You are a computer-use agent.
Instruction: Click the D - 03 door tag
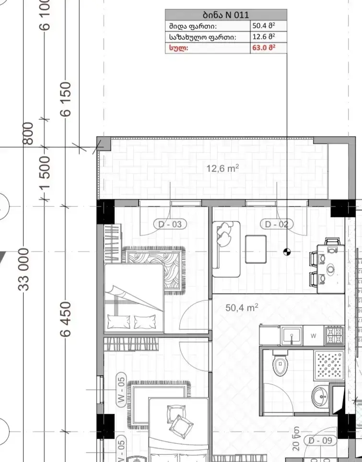pyautogui.click(x=170, y=224)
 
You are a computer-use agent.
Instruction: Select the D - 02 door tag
pyautogui.click(x=277, y=224)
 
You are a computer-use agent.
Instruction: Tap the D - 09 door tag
pyautogui.click(x=320, y=440)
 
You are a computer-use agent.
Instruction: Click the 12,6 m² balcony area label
pyautogui.click(x=222, y=168)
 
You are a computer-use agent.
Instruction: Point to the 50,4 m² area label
pyautogui.click(x=242, y=308)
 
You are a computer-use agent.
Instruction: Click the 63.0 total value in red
pyautogui.click(x=264, y=48)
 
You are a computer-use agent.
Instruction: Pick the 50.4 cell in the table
pyautogui.click(x=264, y=26)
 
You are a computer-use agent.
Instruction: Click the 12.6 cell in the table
pyautogui.click(x=264, y=37)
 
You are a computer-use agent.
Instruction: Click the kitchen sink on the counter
pyautogui.click(x=292, y=335)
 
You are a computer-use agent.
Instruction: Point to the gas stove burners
pyautogui.click(x=334, y=335)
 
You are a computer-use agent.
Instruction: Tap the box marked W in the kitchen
pyautogui.click(x=313, y=336)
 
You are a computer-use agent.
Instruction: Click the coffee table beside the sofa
pyautogui.click(x=256, y=249)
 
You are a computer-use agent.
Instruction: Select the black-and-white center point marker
pyautogui.click(x=287, y=252)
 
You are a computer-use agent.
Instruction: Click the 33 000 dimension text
pyautogui.click(x=24, y=270)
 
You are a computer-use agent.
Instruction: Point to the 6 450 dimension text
pyautogui.click(x=66, y=319)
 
